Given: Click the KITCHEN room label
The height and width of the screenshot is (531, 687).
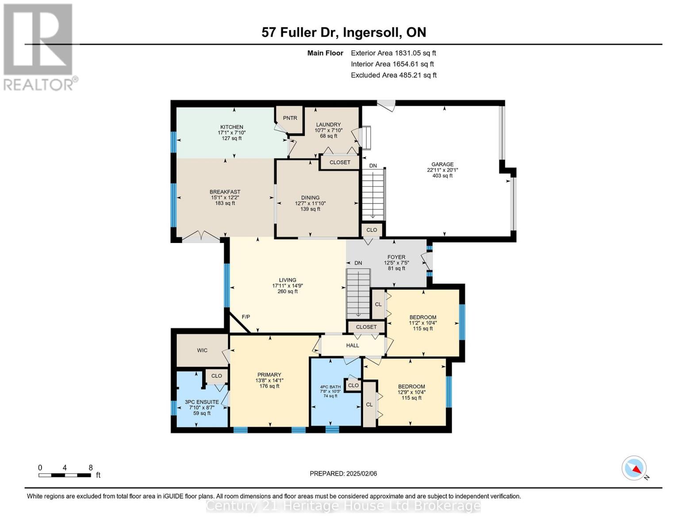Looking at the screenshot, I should [232, 127].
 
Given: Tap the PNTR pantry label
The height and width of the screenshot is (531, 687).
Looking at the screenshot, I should [290, 118].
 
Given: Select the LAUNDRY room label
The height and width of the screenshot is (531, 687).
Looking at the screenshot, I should [328, 124].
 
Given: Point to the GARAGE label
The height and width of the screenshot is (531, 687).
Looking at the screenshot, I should [442, 164].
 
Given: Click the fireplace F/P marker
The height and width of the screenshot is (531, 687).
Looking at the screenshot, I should [246, 317].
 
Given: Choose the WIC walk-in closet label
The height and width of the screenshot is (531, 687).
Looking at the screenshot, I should [202, 350].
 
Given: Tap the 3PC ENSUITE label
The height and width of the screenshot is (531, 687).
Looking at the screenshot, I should [202, 402].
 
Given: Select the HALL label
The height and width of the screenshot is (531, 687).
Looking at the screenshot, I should [353, 346].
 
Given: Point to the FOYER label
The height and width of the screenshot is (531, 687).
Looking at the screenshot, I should [396, 257].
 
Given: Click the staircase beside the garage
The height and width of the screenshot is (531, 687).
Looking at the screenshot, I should [373, 195].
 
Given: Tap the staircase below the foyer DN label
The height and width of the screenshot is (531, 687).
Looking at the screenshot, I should [358, 292].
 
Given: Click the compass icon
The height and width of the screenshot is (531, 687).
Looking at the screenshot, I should [634, 468].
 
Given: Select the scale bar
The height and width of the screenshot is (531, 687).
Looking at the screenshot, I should [65, 475].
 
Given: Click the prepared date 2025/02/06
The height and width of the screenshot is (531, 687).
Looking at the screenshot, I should [343, 473].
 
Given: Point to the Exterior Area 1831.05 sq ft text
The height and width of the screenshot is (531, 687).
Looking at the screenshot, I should [393, 53].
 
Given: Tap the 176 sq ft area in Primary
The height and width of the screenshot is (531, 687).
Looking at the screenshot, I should [269, 386].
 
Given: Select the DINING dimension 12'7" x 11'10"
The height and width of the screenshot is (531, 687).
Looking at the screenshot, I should [310, 204].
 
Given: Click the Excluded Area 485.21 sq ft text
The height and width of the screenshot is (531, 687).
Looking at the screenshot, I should [394, 75].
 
